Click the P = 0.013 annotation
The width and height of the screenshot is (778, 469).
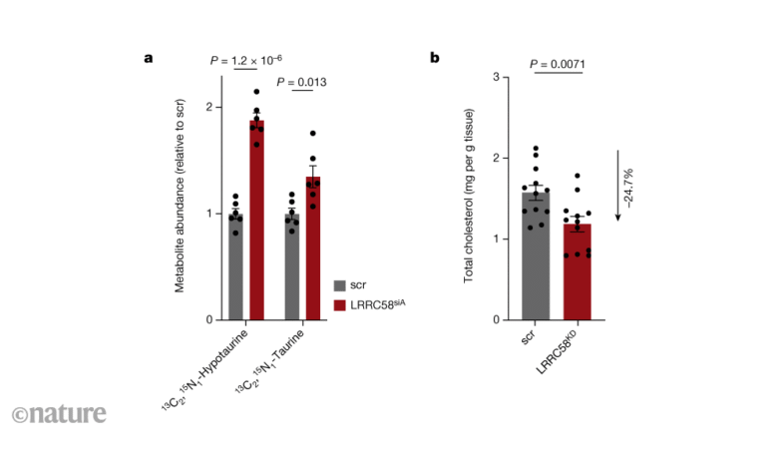(301, 82)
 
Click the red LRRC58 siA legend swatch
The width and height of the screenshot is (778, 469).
(341, 304)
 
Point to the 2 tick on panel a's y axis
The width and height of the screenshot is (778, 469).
(208, 107)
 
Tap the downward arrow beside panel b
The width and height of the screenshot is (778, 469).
(618, 185)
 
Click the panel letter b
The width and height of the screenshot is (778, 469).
(435, 58)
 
